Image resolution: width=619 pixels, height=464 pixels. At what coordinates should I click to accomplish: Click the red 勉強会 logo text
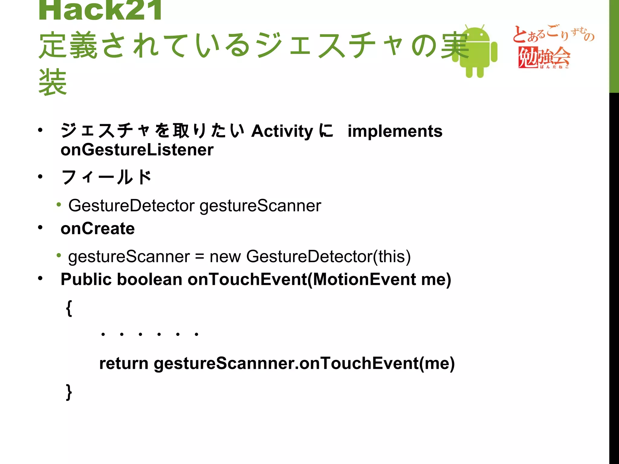[544, 57]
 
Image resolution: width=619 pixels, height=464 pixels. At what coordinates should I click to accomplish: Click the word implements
[395, 131]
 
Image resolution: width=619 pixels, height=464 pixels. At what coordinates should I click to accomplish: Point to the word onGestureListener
[137, 150]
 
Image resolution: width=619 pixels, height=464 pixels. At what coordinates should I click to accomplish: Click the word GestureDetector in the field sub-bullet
[131, 206]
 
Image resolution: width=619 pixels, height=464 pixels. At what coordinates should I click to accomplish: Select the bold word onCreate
[98, 229]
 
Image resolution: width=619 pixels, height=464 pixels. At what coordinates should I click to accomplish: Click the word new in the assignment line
[225, 256]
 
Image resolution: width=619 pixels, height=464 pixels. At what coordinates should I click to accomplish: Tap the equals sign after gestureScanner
[199, 257]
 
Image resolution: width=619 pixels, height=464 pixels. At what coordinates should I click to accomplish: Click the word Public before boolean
[86, 279]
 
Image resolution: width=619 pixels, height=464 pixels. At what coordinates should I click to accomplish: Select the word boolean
[149, 279]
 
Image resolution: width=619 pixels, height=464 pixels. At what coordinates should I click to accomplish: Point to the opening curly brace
[69, 308]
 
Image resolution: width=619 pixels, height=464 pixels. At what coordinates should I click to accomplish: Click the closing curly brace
[69, 392]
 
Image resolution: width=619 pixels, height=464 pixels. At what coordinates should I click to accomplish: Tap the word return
[124, 363]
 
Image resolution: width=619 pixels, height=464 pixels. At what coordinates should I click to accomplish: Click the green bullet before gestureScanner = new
[59, 256]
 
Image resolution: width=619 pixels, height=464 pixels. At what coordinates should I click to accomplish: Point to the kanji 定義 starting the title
[68, 45]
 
